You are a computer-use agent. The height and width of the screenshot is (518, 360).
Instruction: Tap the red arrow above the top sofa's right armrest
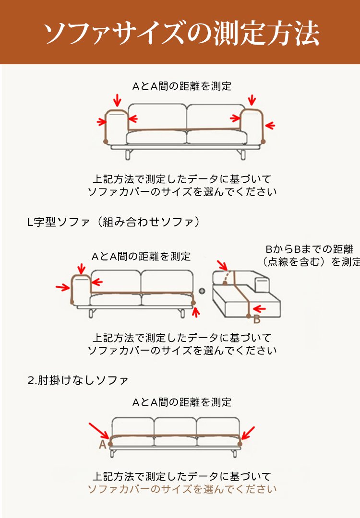tap(252, 100)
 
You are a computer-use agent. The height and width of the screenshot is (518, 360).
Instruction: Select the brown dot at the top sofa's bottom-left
tap(106, 141)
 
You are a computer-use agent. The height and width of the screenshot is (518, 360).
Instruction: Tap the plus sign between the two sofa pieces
tap(202, 291)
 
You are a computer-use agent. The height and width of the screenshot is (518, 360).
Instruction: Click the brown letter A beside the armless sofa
tap(102, 445)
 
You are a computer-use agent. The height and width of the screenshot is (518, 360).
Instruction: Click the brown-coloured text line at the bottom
tap(182, 489)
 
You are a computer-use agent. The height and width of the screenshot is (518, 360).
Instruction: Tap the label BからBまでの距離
tap(309, 249)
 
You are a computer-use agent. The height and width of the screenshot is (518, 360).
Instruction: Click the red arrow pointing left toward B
tap(260, 308)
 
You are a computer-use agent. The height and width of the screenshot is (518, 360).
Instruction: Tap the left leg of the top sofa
tap(128, 154)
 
